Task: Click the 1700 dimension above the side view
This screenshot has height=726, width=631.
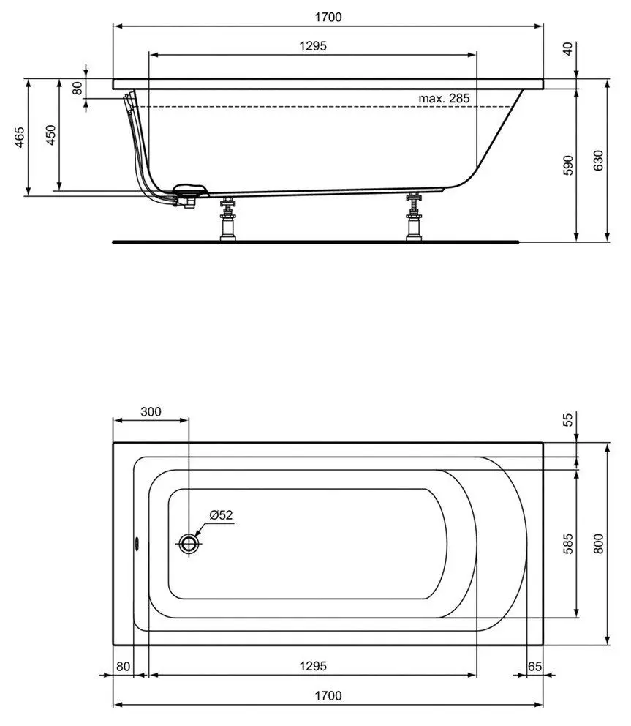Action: tap(329, 16)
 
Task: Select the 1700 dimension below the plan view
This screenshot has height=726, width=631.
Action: tap(329, 695)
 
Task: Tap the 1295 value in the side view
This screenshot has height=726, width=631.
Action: tap(312, 45)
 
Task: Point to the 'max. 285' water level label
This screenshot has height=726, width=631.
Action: tap(444, 98)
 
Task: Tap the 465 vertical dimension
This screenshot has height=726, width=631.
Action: tap(20, 138)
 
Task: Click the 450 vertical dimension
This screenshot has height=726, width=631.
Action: tap(50, 135)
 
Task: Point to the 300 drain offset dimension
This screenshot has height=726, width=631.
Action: tap(150, 411)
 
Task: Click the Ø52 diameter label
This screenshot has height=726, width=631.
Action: tap(220, 514)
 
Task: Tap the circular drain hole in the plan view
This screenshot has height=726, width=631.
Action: tap(189, 544)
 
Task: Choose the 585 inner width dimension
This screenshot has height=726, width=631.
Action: tap(568, 542)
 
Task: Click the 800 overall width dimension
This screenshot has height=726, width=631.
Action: tap(599, 542)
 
